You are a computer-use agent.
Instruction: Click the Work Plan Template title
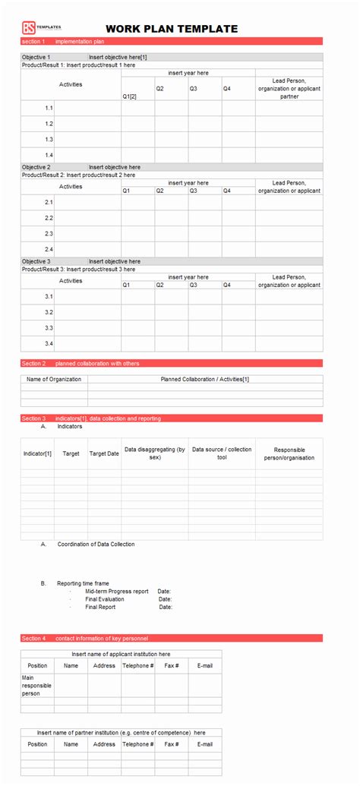click(x=172, y=29)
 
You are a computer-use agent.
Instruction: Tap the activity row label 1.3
click(x=49, y=139)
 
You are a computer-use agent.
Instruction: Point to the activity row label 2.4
click(x=49, y=249)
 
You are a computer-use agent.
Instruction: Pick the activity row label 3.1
click(x=49, y=296)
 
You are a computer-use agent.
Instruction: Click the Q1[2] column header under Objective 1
click(x=130, y=97)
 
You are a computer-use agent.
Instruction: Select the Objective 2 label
click(x=36, y=167)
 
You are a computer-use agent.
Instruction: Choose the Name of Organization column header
click(x=54, y=379)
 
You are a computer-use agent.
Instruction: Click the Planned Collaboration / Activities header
click(x=205, y=379)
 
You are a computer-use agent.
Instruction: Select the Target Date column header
click(x=104, y=453)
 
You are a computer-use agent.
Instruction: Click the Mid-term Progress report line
click(x=117, y=591)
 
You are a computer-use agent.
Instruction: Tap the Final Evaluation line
click(x=105, y=599)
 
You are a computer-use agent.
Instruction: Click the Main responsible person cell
click(x=37, y=685)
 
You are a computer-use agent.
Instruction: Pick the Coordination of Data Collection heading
click(x=96, y=544)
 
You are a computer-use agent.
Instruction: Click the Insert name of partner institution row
click(x=122, y=733)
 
